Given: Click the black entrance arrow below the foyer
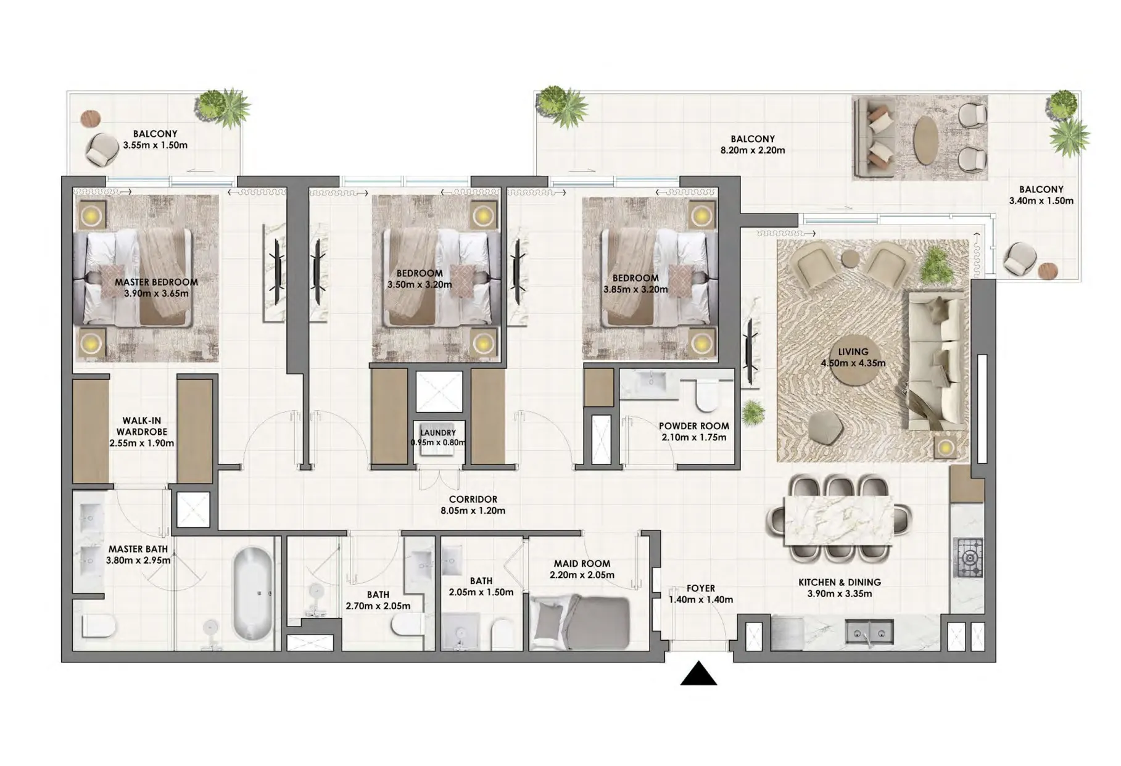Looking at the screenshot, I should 698,675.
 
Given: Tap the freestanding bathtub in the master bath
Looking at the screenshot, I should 252,595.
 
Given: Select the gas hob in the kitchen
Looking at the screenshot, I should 968,558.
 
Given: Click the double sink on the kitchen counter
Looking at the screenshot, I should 869,632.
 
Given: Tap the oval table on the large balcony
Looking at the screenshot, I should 928,141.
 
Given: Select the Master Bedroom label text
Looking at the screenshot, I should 156,282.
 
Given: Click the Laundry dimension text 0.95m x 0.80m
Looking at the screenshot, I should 438,442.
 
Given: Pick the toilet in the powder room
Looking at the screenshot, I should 707,395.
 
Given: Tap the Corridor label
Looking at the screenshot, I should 473,500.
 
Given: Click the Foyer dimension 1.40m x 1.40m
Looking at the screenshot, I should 701,599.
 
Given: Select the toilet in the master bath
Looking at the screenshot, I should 99,627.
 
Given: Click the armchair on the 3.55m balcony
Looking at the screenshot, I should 101,149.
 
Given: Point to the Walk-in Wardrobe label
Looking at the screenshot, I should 142,426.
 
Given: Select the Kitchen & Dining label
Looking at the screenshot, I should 839,582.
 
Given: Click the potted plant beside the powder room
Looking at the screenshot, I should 753,413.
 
